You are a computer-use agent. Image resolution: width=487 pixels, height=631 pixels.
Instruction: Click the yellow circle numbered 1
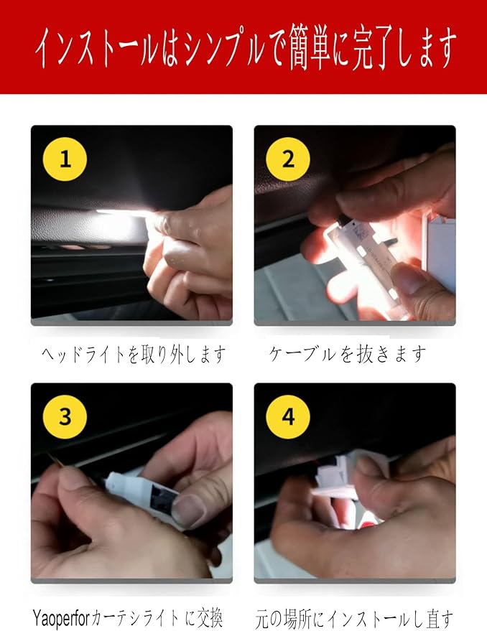tap(65, 159)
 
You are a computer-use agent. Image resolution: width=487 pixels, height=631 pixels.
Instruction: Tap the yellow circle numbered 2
tap(288, 159)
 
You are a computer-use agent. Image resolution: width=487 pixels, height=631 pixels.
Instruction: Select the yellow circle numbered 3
tap(65, 417)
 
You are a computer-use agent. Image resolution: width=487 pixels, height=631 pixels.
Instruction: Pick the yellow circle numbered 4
tap(288, 417)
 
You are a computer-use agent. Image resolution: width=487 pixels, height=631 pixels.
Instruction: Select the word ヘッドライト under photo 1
tap(84, 355)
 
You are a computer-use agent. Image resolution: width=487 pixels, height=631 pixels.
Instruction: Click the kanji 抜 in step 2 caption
tap(364, 355)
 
